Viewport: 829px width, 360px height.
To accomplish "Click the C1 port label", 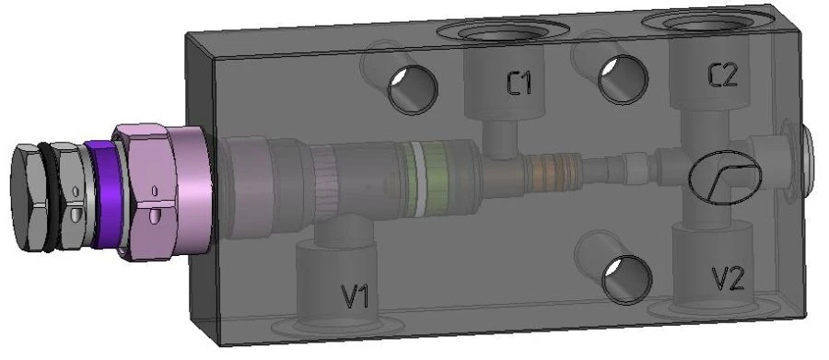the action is pos(519,84).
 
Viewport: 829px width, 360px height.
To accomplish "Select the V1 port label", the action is pos(356,296).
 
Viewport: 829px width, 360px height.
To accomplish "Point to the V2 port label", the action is pos(729,279).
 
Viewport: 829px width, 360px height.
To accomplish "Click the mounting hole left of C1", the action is pos(413,89).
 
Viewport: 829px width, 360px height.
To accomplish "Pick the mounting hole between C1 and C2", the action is pos(623,79).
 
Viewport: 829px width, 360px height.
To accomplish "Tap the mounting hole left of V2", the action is pos(626,280).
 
